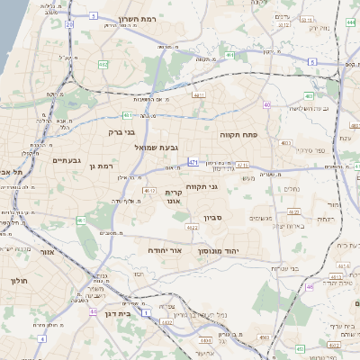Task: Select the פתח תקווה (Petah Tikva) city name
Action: click(239, 133)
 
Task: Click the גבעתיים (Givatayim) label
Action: click(67, 160)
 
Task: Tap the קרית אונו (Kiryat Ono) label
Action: click(175, 198)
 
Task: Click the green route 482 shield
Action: click(103, 65)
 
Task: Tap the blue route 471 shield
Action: click(193, 162)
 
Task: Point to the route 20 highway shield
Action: click(69, 25)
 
